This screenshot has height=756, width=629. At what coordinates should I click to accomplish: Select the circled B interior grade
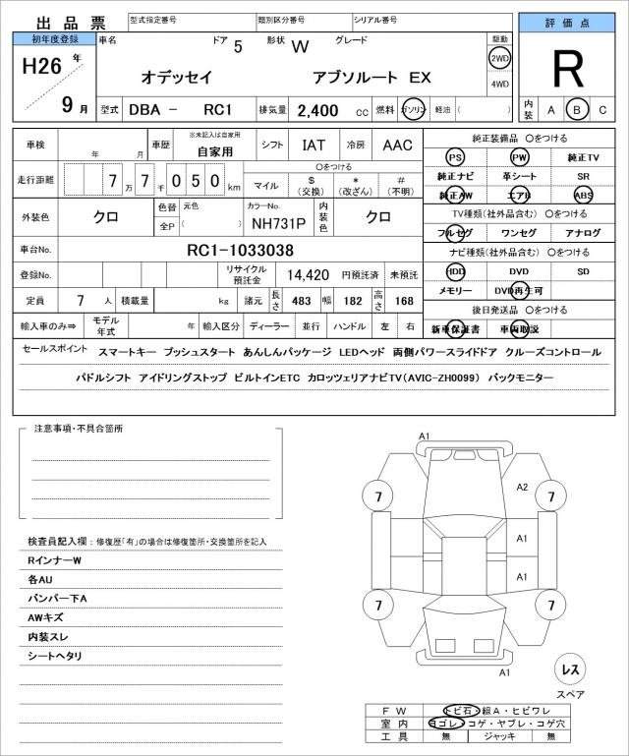pyautogui.click(x=577, y=110)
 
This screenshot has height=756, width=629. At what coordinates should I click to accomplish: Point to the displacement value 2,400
pyautogui.click(x=318, y=110)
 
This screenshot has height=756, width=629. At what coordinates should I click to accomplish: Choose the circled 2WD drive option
pyautogui.click(x=499, y=58)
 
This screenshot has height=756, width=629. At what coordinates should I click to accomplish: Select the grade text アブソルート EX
pyautogui.click(x=372, y=76)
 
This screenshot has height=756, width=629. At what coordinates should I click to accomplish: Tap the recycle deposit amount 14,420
pyautogui.click(x=308, y=275)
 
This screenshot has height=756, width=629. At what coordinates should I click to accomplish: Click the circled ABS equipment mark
pyautogui.click(x=584, y=195)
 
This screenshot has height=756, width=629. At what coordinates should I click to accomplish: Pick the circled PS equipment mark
pyautogui.click(x=455, y=158)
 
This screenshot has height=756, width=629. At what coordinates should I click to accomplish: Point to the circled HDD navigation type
pyautogui.click(x=455, y=270)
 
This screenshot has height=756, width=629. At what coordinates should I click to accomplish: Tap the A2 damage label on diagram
pyautogui.click(x=523, y=487)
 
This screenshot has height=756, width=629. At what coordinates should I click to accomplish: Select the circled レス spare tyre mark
pyautogui.click(x=569, y=669)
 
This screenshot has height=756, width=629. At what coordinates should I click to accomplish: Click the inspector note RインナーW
pyautogui.click(x=56, y=560)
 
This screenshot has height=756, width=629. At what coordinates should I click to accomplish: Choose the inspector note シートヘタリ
pyautogui.click(x=55, y=656)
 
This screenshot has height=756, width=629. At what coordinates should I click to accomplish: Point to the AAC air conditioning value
pyautogui.click(x=397, y=145)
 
